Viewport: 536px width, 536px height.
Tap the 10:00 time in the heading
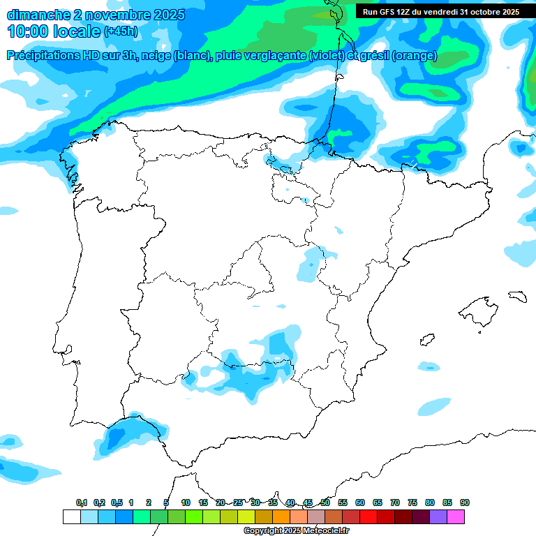[28, 31]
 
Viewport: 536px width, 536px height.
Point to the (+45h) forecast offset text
[121, 31]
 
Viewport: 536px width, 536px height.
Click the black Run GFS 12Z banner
[440, 12]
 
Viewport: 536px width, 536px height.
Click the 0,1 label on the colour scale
[82, 502]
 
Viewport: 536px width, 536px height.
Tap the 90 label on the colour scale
[464, 502]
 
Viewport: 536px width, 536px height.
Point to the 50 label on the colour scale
[325, 502]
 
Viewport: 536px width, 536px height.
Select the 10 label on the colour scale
[186, 502]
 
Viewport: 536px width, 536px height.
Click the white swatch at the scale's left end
[71, 516]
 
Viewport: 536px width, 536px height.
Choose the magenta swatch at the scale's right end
[456, 516]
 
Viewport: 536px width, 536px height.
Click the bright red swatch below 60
[368, 516]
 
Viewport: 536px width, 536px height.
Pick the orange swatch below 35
[281, 516]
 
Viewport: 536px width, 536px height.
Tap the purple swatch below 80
[438, 516]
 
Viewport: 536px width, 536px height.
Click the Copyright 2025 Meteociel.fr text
[296, 531]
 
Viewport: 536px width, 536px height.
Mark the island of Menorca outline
[516, 297]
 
